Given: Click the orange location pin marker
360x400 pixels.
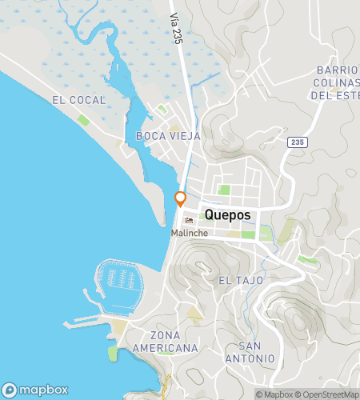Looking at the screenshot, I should click(x=181, y=198).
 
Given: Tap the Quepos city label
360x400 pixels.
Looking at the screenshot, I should click(x=228, y=214).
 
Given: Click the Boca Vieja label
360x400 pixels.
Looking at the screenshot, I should click(x=168, y=136).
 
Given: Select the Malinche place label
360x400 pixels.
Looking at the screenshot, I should click(x=190, y=233).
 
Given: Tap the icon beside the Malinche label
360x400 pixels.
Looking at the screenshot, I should click(x=189, y=221).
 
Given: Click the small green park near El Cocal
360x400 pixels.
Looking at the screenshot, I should click(x=83, y=120).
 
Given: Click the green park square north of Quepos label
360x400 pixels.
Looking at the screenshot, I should click(x=224, y=190).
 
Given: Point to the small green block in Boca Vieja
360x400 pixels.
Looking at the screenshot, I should click(x=162, y=110).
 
